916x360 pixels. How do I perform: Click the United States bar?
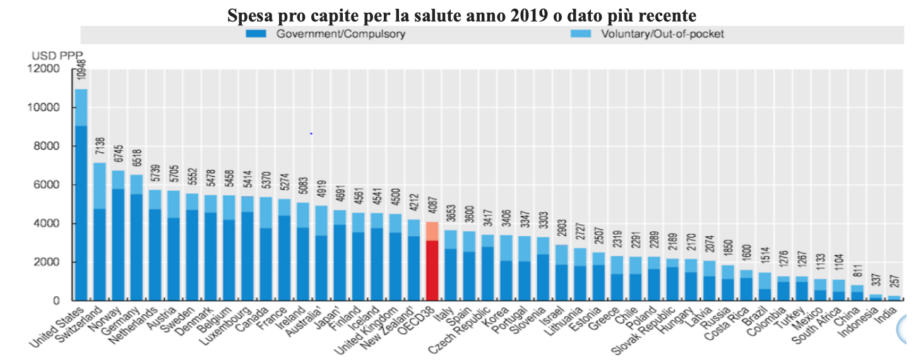coord(81,195)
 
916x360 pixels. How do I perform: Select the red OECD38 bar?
coord(432,261)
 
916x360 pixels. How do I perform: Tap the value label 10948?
coord(82,69)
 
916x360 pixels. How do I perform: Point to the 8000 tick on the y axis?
coord(46,146)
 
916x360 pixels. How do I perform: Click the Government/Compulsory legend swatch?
coord(256,33)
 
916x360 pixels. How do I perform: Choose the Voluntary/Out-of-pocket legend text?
coord(662,33)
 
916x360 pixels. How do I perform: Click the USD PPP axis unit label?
coord(57,55)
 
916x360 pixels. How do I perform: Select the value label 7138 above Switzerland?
coord(100,146)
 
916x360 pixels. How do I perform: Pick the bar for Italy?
coord(451,265)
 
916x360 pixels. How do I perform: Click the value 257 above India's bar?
coord(895,281)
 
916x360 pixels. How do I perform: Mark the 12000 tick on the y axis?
coord(44,68)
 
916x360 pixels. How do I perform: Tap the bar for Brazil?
coord(764,287)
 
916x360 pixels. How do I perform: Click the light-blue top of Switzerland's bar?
coord(100,186)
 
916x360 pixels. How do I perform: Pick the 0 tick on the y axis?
coord(56,301)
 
